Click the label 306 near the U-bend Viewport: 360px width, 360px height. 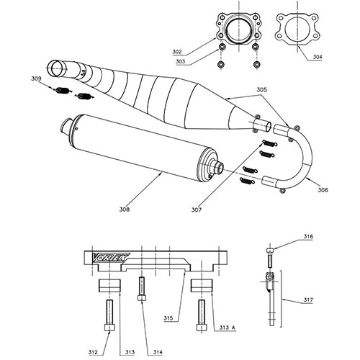[x=323, y=189]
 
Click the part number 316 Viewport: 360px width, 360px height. [x=307, y=235]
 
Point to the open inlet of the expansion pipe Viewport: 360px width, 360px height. [x=56, y=69]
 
